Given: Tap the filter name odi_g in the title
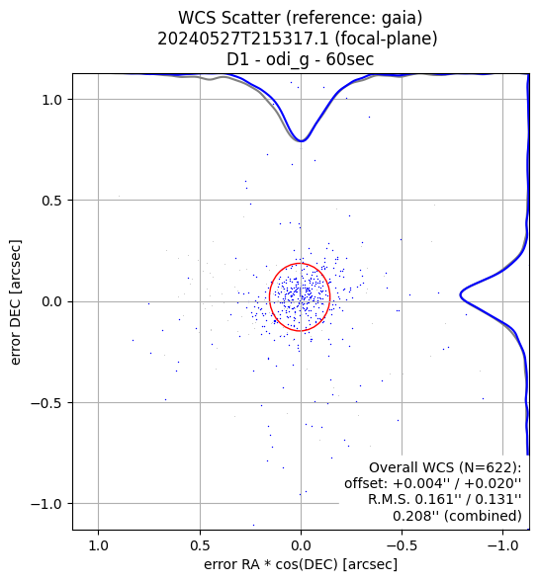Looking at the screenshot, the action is click(287, 59).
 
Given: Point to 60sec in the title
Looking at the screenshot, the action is click(350, 59).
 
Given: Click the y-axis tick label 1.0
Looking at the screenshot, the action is click(51, 100).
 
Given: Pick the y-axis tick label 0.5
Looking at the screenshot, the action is click(51, 201).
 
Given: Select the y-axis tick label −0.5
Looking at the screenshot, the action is click(46, 403).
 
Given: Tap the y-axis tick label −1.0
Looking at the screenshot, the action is click(46, 504).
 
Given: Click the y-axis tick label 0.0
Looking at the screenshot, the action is click(51, 301).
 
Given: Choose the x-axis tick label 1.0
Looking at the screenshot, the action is click(99, 545).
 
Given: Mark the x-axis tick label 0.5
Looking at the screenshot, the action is click(200, 545).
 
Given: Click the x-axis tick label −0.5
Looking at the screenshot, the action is click(402, 545).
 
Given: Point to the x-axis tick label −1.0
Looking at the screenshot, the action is click(503, 545).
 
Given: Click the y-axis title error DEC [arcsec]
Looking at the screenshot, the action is click(16, 301).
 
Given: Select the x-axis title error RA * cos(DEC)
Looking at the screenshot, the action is click(271, 564).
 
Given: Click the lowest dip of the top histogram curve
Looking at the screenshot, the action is click(302, 141).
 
